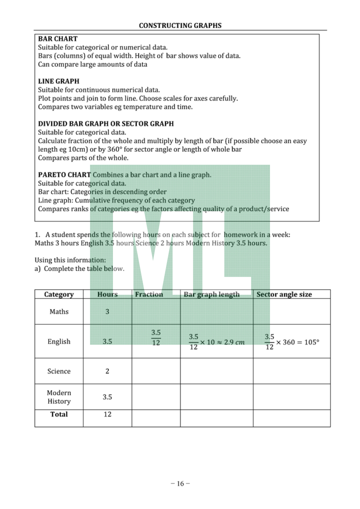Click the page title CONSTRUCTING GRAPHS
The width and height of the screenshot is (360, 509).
[180, 26]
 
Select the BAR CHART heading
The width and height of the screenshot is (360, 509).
[58, 39]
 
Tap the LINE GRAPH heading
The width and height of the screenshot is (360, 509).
[58, 81]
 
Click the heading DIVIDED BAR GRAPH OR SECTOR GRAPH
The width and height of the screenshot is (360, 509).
[106, 123]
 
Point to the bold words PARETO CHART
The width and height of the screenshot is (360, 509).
[64, 175]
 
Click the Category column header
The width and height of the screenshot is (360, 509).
[59, 294]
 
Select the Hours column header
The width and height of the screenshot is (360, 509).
[107, 294]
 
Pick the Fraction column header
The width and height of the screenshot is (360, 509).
[149, 294]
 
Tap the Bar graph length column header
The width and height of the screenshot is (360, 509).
[211, 294]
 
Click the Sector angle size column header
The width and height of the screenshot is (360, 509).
[284, 294]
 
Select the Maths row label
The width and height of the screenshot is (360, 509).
[59, 311]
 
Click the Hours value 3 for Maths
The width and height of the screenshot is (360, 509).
[107, 311]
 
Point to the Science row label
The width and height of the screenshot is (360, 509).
[59, 371]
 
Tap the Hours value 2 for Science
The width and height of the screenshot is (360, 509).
[107, 371]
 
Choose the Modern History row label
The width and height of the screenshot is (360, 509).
[59, 397]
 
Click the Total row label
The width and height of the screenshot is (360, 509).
[59, 414]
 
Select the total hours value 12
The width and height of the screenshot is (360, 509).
[107, 414]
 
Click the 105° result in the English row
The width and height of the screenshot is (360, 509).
[310, 342]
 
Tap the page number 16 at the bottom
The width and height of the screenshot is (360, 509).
[180, 484]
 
